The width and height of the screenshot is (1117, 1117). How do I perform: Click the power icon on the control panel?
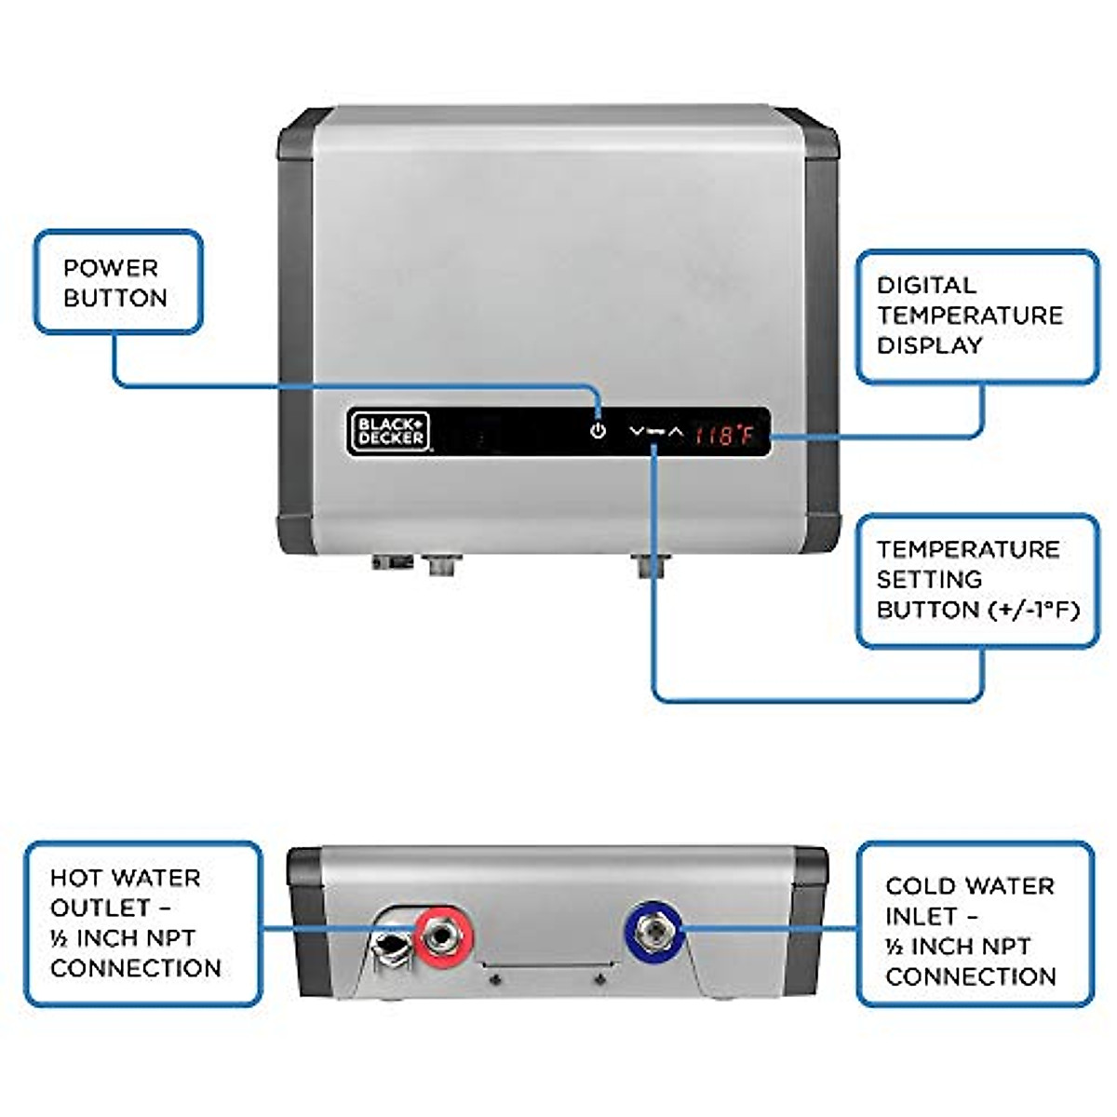point(598,432)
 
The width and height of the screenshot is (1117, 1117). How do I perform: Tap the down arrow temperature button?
point(637,432)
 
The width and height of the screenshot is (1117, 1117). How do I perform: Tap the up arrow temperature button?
point(676,433)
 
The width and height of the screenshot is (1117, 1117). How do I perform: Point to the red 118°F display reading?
point(724,434)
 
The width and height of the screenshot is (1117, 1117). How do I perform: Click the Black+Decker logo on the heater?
point(389,432)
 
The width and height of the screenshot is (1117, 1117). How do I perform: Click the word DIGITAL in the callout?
point(926,285)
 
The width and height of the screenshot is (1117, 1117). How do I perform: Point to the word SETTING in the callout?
point(929,579)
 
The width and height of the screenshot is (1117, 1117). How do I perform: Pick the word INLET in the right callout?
point(921,916)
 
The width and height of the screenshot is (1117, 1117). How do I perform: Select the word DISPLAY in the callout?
point(929,345)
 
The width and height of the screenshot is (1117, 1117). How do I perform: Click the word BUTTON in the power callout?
point(115,298)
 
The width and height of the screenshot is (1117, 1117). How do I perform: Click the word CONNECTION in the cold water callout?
point(970,976)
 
